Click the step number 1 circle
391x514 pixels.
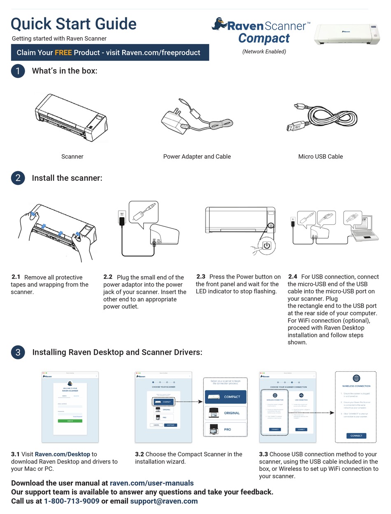tap(18, 71)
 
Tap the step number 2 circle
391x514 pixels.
tap(18, 178)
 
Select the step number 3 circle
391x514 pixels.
tap(18, 352)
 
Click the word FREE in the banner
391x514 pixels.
tap(63, 53)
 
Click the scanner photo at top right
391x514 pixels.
tap(347, 34)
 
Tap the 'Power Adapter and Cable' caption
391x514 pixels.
tap(197, 156)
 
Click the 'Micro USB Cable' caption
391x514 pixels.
tap(320, 156)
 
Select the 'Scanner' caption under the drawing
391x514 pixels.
tap(72, 156)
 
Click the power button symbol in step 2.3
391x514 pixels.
tap(267, 246)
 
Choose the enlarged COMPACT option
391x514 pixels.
tap(226, 397)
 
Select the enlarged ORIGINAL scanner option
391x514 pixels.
tap(226, 413)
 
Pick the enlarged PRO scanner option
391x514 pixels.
tap(226, 429)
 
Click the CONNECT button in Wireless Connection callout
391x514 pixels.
tap(356, 435)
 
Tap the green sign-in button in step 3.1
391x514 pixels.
tap(70, 421)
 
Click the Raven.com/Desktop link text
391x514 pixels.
tap(62, 454)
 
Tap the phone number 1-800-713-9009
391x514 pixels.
tap(72, 501)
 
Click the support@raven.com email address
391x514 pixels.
tap(164, 501)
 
